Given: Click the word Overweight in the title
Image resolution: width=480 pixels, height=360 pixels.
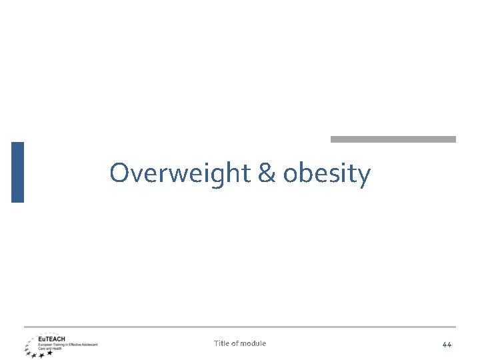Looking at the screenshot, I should pos(180,173).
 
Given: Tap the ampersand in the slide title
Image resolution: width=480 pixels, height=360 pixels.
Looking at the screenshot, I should pos(265,173).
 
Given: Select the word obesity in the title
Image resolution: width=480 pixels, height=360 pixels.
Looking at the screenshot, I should pos(327,173).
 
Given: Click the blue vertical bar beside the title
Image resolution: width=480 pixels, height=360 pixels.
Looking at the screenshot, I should pos(17,172).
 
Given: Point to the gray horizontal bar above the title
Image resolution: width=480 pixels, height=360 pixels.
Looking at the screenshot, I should pos(393,139).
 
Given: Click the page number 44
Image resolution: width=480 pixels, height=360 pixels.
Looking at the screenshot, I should pos(447,344).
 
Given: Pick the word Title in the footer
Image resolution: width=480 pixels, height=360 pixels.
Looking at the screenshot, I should pos(221,343).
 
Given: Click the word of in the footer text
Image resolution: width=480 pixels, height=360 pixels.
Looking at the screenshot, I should pos(235,343).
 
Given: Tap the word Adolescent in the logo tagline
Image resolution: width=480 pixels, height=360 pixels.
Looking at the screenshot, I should pos(90,344).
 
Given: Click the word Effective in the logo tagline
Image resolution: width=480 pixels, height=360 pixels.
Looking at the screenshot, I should pos(75,344).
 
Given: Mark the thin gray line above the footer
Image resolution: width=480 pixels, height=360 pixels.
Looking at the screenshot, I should pos(240,327).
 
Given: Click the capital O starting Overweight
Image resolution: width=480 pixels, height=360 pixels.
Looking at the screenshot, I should pos(119,173).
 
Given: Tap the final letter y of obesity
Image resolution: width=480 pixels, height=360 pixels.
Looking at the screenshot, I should pos(363,176).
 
